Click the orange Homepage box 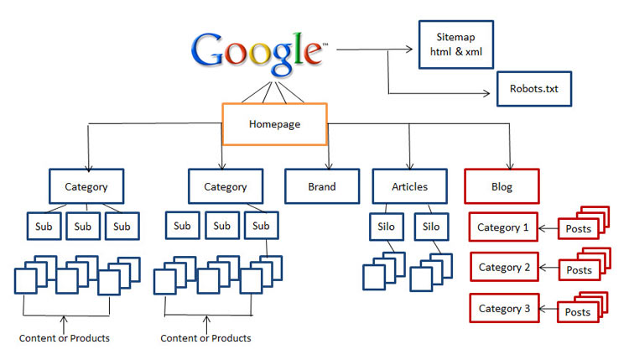click(x=274, y=123)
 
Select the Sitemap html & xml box click(x=455, y=44)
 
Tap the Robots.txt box click(x=533, y=87)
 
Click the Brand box click(x=321, y=187)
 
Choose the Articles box click(x=409, y=187)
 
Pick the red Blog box click(x=502, y=187)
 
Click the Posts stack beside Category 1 click(x=582, y=225)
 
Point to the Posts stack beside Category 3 click(x=582, y=309)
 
